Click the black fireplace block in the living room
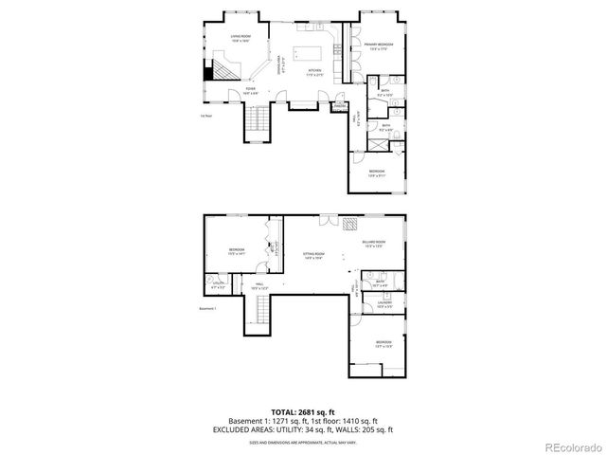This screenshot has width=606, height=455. pos(208,71)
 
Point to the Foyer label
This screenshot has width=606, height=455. pos(250,92)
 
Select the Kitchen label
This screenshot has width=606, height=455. pos(314,73)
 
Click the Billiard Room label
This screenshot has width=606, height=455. pos(372,244)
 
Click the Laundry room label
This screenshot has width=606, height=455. pos(384,305)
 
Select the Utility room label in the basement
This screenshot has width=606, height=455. pos(218,284)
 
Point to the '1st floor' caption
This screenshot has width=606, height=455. pos(205,116)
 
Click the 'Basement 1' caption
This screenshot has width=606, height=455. pos(208,308)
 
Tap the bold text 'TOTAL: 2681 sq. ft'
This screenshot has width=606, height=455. pos(302,412)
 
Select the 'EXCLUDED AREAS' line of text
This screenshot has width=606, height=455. pos(302,430)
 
